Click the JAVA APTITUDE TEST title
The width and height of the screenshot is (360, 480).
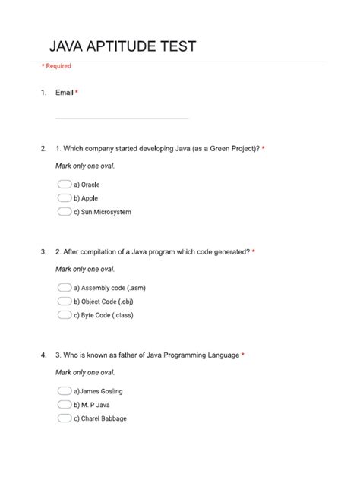pos(122,47)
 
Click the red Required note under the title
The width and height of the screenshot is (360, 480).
pos(56,66)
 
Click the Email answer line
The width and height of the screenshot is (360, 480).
pos(122,118)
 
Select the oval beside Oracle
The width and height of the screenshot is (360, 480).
pos(64,185)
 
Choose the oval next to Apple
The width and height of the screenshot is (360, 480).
pos(64,198)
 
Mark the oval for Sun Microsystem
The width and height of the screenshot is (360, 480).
pos(64,212)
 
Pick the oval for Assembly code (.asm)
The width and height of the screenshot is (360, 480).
pos(64,288)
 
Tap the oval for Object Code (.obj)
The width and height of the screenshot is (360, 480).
pos(64,302)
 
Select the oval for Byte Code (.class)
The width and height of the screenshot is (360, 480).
pos(64,315)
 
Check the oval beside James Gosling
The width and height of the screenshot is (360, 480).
pos(64,391)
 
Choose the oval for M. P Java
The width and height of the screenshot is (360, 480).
pos(64,405)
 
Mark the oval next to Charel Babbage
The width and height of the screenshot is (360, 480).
pos(64,418)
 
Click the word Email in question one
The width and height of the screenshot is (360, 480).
pos(65,93)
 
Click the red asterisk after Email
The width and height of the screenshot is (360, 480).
pos(77,93)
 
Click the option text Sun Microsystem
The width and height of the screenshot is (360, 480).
pos(103,212)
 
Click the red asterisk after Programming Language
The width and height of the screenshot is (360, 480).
pos(243,354)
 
